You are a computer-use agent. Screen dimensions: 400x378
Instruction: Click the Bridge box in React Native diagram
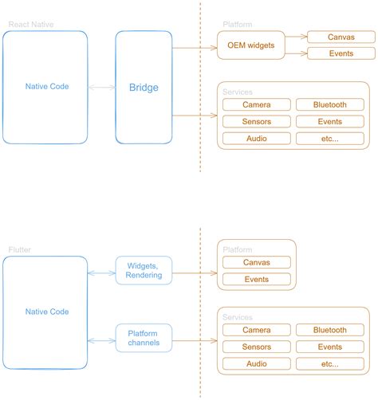(x=144, y=87)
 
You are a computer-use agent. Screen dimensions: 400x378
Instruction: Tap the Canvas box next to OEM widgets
(x=330, y=37)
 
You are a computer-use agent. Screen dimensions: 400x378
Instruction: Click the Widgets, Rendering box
(x=144, y=270)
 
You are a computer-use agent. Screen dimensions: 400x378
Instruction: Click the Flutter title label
(x=19, y=249)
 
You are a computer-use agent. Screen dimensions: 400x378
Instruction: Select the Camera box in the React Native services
(x=256, y=104)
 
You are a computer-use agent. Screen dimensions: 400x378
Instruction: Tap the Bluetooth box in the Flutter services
(x=329, y=330)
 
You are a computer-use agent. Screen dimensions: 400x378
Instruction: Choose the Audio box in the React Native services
(x=256, y=139)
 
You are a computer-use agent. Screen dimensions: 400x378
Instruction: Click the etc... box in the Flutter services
(x=329, y=363)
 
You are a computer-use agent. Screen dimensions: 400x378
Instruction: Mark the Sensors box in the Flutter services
(x=256, y=347)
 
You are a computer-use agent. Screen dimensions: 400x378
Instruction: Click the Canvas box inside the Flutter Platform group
(x=256, y=262)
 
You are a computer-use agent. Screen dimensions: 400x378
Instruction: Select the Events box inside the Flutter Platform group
(x=256, y=280)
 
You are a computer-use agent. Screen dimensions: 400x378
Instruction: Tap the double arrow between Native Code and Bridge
(x=101, y=87)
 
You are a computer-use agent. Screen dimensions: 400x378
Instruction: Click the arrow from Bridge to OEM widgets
(x=195, y=48)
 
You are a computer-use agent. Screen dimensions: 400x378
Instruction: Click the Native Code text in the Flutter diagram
(x=47, y=312)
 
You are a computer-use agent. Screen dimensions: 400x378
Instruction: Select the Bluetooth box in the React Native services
(x=329, y=104)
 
